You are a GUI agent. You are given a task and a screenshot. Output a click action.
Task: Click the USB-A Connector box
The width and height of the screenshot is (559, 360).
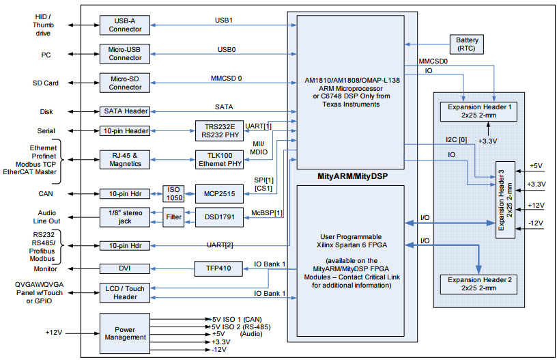(126, 25)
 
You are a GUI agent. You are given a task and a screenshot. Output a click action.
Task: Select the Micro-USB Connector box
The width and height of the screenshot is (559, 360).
(126, 53)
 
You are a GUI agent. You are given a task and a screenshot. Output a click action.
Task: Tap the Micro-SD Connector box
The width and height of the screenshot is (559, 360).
(126, 83)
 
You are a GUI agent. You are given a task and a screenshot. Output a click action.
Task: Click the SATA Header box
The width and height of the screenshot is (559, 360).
(126, 111)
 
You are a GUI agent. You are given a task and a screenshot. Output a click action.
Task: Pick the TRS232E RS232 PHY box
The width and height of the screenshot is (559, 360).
(214, 130)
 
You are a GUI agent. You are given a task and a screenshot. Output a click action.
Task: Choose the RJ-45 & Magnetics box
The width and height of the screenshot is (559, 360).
(126, 159)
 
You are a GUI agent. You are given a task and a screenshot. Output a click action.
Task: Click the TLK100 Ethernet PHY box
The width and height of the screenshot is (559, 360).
(214, 159)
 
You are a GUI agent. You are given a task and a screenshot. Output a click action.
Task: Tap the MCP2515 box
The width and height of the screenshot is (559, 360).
(214, 193)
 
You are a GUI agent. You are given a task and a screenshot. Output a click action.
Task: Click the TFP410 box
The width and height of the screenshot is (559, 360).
(214, 268)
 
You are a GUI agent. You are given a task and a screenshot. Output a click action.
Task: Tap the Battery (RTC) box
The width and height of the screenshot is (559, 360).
(467, 44)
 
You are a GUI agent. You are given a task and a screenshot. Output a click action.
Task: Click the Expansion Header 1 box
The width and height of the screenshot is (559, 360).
(479, 111)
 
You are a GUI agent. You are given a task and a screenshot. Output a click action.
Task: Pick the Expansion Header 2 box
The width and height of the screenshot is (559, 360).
(479, 284)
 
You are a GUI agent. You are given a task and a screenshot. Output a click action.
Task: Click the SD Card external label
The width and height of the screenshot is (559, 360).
(46, 83)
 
